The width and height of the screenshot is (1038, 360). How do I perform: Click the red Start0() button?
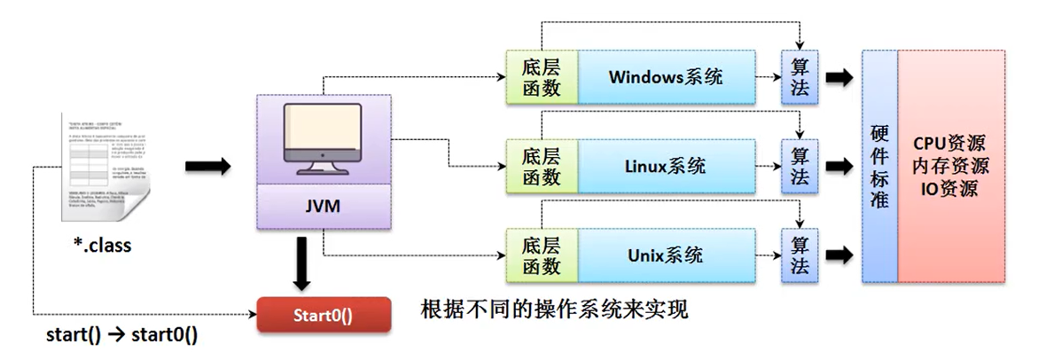pos(323,316)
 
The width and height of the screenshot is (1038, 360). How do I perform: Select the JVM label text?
pos(323,207)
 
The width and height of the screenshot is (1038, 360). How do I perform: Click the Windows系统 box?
pos(666,76)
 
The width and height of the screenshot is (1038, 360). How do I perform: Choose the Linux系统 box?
pos(666,166)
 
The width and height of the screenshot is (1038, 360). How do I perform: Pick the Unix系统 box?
pos(666,255)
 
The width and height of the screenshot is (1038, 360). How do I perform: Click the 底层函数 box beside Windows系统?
pos(541,76)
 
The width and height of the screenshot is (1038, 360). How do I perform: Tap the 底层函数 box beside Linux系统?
pos(541,166)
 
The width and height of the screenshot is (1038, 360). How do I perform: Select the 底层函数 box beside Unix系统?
pos(541,255)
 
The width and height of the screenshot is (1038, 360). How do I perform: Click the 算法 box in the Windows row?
pos(800,76)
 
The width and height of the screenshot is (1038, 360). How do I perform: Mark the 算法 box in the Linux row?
pos(800,166)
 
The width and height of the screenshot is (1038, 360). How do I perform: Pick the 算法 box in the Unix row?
pos(800,255)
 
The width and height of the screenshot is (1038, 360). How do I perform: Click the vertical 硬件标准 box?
pos(879,166)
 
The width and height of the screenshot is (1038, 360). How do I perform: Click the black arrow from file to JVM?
pos(208,166)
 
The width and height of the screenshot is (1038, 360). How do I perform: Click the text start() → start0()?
pos(121,336)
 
